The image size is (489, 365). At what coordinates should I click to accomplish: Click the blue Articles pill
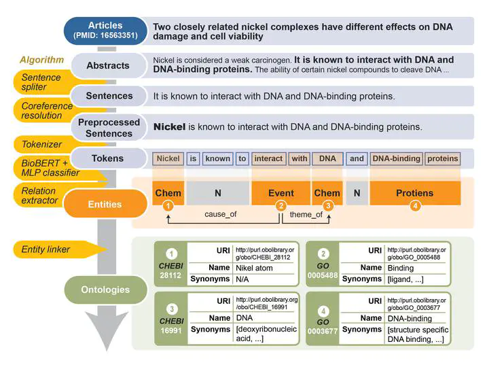tap(105, 31)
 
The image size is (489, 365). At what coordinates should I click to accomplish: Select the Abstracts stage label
tap(107, 66)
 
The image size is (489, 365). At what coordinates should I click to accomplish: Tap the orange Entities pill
tap(105, 204)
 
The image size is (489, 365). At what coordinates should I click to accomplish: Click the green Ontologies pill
tap(105, 290)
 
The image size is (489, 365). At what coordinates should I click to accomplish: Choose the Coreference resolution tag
tap(46, 111)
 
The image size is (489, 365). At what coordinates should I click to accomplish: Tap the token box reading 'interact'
tap(268, 159)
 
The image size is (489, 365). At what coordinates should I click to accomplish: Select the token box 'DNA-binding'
tap(397, 159)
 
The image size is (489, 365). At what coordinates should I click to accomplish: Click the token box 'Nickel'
tap(168, 159)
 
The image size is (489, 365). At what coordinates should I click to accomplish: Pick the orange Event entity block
tap(281, 193)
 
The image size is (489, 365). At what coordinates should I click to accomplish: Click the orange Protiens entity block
tap(414, 193)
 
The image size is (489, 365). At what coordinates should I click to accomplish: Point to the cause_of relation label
tap(224, 215)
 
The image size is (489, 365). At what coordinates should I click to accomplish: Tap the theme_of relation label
tap(306, 215)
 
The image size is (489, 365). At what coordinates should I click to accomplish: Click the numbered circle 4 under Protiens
tap(415, 205)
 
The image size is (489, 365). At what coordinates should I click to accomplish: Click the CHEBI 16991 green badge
tap(171, 321)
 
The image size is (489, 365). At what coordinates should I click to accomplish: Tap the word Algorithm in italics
tap(42, 60)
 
